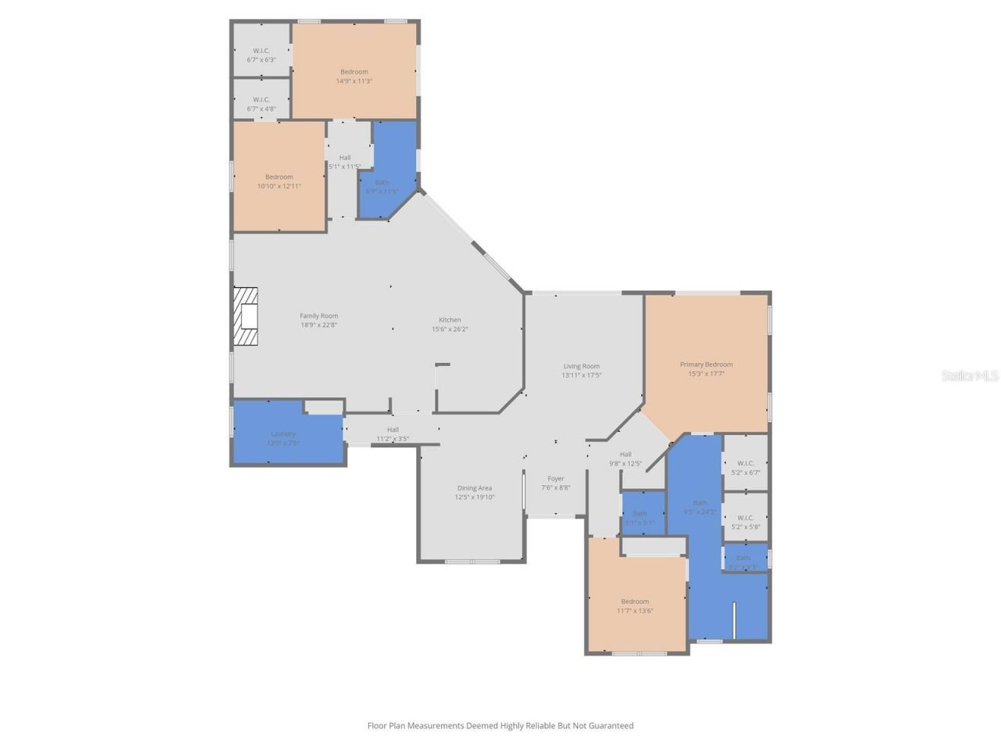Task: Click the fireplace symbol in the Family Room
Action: pyautogui.click(x=246, y=317)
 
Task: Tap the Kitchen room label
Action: pyautogui.click(x=450, y=319)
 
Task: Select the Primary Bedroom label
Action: pyautogui.click(x=706, y=364)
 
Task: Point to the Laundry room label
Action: pyautogui.click(x=283, y=433)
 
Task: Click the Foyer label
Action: pyautogui.click(x=555, y=478)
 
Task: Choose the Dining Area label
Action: pyautogui.click(x=474, y=487)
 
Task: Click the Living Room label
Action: pyautogui.click(x=581, y=365)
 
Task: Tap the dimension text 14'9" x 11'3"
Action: pyautogui.click(x=354, y=81)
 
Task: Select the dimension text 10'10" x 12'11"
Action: pyautogui.click(x=279, y=186)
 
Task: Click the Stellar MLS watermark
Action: pyautogui.click(x=970, y=375)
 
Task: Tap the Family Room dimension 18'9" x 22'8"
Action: pyautogui.click(x=319, y=325)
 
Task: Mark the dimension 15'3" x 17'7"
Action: pyautogui.click(x=706, y=374)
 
